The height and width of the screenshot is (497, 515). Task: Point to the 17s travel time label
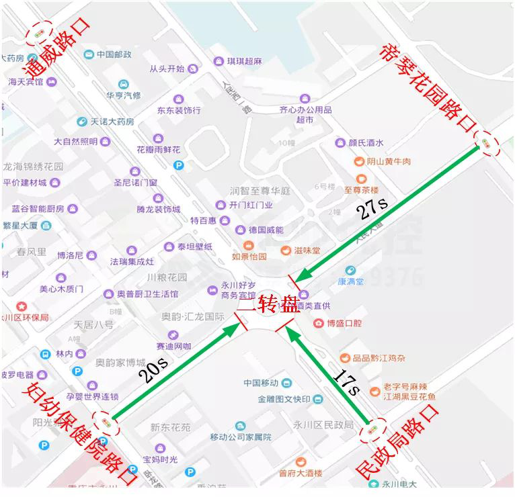click(347, 381)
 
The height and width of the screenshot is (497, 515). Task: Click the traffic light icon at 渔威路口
click(39, 33)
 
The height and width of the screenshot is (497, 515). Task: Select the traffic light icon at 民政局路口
click(372, 431)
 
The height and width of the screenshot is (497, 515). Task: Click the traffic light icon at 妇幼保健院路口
click(106, 422)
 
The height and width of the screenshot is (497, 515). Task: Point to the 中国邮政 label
click(113, 54)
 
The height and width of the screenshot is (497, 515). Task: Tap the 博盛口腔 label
click(344, 323)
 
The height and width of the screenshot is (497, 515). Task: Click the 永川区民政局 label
click(329, 424)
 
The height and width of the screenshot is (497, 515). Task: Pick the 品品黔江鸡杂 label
click(381, 358)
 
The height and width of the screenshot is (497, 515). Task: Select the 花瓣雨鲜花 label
click(159, 149)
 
